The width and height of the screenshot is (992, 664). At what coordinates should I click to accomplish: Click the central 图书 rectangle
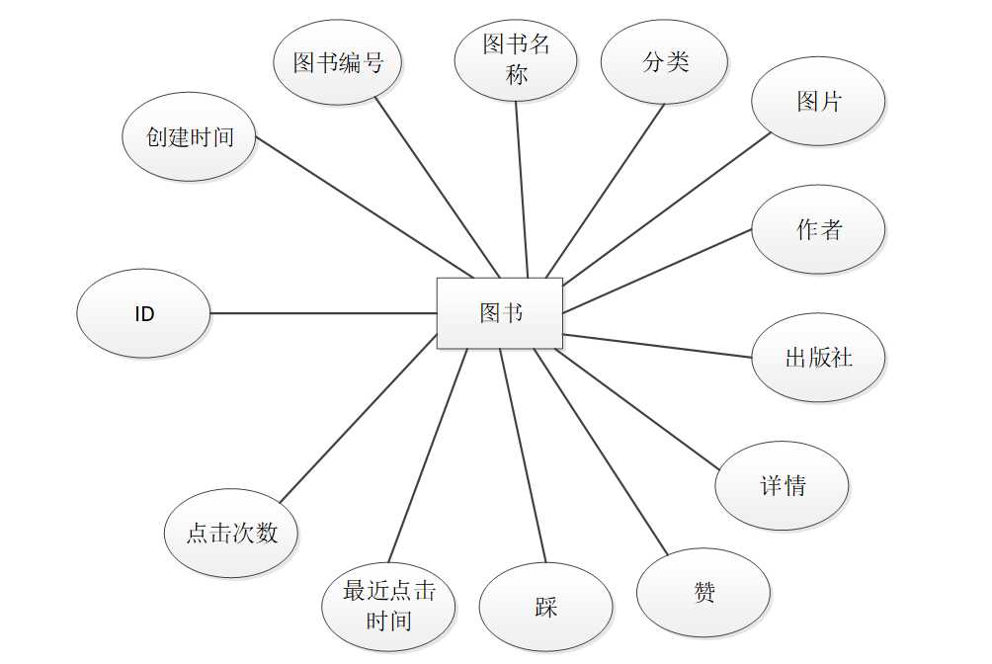[500, 313]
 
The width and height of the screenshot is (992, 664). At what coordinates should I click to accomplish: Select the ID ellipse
[144, 313]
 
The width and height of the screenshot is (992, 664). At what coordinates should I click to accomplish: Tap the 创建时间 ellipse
[190, 137]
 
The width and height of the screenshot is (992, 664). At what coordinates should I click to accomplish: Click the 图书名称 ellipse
[516, 59]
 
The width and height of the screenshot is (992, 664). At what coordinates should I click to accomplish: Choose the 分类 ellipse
[664, 62]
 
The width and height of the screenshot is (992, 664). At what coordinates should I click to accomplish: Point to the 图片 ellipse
[818, 101]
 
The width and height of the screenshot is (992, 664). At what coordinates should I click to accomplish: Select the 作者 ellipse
[818, 230]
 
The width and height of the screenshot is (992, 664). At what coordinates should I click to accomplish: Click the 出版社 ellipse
[818, 358]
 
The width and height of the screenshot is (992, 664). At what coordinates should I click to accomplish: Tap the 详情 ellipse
[782, 486]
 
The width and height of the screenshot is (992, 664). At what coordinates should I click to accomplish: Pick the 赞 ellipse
[703, 593]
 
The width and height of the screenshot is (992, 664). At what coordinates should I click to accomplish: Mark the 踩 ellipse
[545, 608]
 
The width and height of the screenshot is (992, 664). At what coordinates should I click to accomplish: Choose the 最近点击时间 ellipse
[388, 607]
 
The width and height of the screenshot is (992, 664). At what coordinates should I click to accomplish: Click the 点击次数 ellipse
[231, 534]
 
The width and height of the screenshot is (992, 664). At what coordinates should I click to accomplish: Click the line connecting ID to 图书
[323, 313]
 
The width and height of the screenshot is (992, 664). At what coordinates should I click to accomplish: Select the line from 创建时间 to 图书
[364, 207]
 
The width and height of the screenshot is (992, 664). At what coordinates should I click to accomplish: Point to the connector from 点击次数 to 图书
[358, 419]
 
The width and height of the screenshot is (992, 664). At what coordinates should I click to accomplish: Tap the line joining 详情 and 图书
[637, 405]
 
